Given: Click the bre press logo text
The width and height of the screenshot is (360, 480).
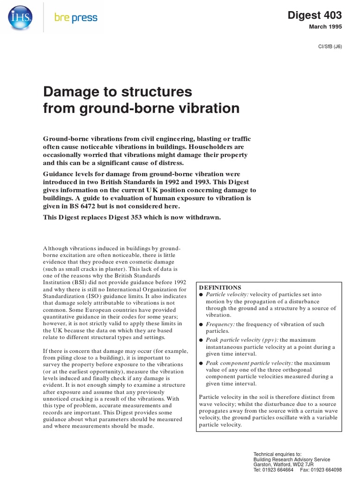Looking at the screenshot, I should click(75, 18).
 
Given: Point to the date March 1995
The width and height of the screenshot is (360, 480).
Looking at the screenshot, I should click(325, 27).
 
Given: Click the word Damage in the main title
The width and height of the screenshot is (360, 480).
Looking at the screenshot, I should click(72, 90).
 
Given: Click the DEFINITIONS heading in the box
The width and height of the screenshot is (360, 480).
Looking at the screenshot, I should click(220, 287).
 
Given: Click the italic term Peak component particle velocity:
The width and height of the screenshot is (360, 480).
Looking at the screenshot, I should click(249, 363).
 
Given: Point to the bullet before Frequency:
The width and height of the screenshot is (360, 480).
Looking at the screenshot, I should click(202, 324).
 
